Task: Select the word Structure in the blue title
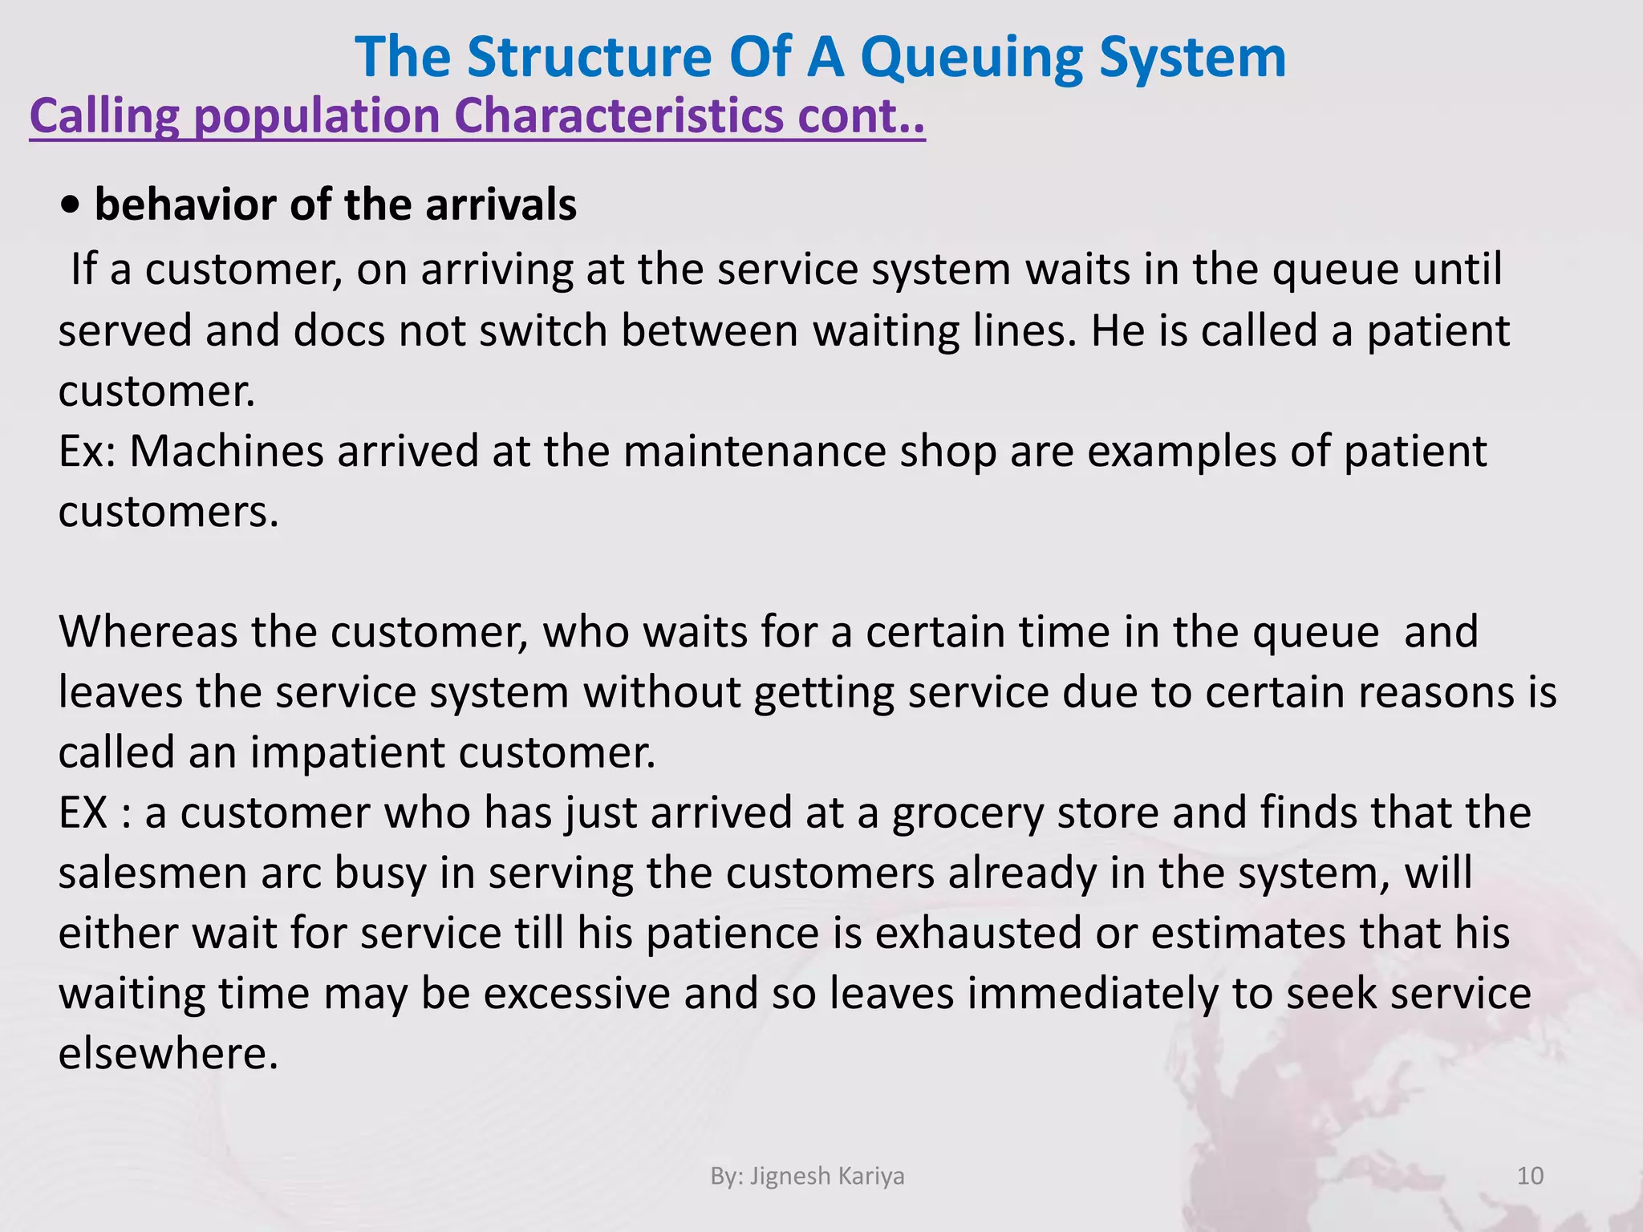[x=590, y=58]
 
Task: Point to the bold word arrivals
[x=501, y=205]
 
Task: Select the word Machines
[x=226, y=451]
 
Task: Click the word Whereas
[x=148, y=631]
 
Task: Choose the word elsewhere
[x=168, y=1053]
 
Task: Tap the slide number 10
[x=1530, y=1176]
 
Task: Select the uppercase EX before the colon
[x=83, y=813]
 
